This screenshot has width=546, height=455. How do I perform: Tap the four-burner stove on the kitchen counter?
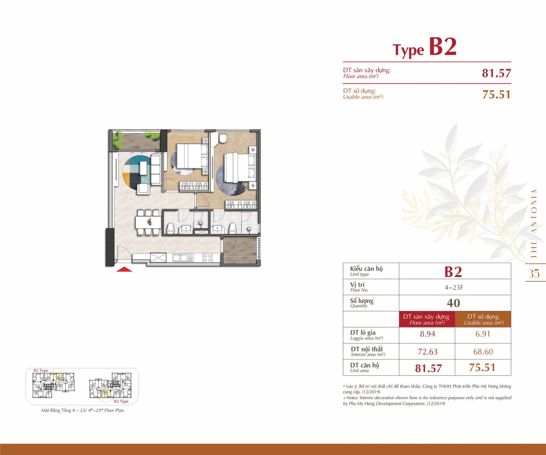pyautogui.click(x=208, y=258)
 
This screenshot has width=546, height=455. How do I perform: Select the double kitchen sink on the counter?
pyautogui.click(x=183, y=258)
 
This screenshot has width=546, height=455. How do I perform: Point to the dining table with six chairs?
pyautogui.click(x=148, y=222)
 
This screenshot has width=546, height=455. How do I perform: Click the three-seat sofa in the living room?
pyautogui.click(x=156, y=170)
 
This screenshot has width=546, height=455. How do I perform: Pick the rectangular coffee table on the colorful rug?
pyautogui.click(x=144, y=168)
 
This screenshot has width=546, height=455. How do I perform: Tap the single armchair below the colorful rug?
pyautogui.click(x=143, y=188)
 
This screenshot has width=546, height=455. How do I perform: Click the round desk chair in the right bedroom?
pyautogui.click(x=223, y=138)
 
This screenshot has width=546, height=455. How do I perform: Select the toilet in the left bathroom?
pyautogui.click(x=170, y=228)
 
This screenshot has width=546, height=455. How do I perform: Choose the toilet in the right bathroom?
pyautogui.click(x=233, y=228)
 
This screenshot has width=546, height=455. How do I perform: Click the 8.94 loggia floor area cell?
pyautogui.click(x=427, y=334)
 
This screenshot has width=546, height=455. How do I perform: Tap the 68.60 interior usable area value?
pyautogui.click(x=483, y=352)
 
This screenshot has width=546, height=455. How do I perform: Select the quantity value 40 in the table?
pyautogui.click(x=454, y=303)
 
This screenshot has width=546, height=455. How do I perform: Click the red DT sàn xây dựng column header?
pyautogui.click(x=427, y=319)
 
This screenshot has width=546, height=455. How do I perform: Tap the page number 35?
pyautogui.click(x=534, y=273)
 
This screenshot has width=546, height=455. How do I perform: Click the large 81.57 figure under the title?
pyautogui.click(x=496, y=73)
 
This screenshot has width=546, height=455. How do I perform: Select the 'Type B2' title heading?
pyautogui.click(x=425, y=47)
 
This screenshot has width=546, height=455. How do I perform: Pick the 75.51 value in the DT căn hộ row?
pyautogui.click(x=482, y=368)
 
